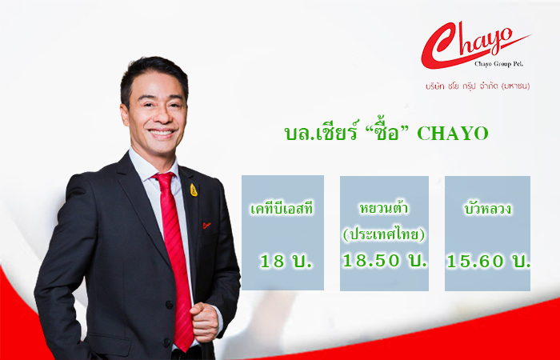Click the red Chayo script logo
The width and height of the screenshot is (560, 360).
click(x=475, y=45)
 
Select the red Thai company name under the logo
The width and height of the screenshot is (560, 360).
click(x=478, y=86)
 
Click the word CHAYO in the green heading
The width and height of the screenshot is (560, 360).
click(x=453, y=134)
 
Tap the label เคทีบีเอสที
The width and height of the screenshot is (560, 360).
click(x=282, y=209)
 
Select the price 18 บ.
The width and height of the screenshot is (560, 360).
click(x=286, y=262)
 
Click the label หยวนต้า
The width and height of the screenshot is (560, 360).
click(x=384, y=207)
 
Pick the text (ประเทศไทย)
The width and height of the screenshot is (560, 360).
click(x=384, y=235)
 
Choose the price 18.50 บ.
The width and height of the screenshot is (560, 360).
click(x=385, y=260)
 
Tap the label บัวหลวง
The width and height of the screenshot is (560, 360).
click(x=487, y=209)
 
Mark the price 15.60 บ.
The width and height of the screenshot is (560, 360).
click(x=488, y=261)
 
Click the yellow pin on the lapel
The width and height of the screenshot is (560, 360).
click(x=194, y=190)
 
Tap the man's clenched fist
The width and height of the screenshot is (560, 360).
click(x=204, y=322)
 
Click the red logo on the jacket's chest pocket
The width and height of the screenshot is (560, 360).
click(x=206, y=225)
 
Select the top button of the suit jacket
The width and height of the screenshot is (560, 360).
click(x=168, y=305)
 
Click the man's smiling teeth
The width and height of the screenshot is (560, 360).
click(x=162, y=132)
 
